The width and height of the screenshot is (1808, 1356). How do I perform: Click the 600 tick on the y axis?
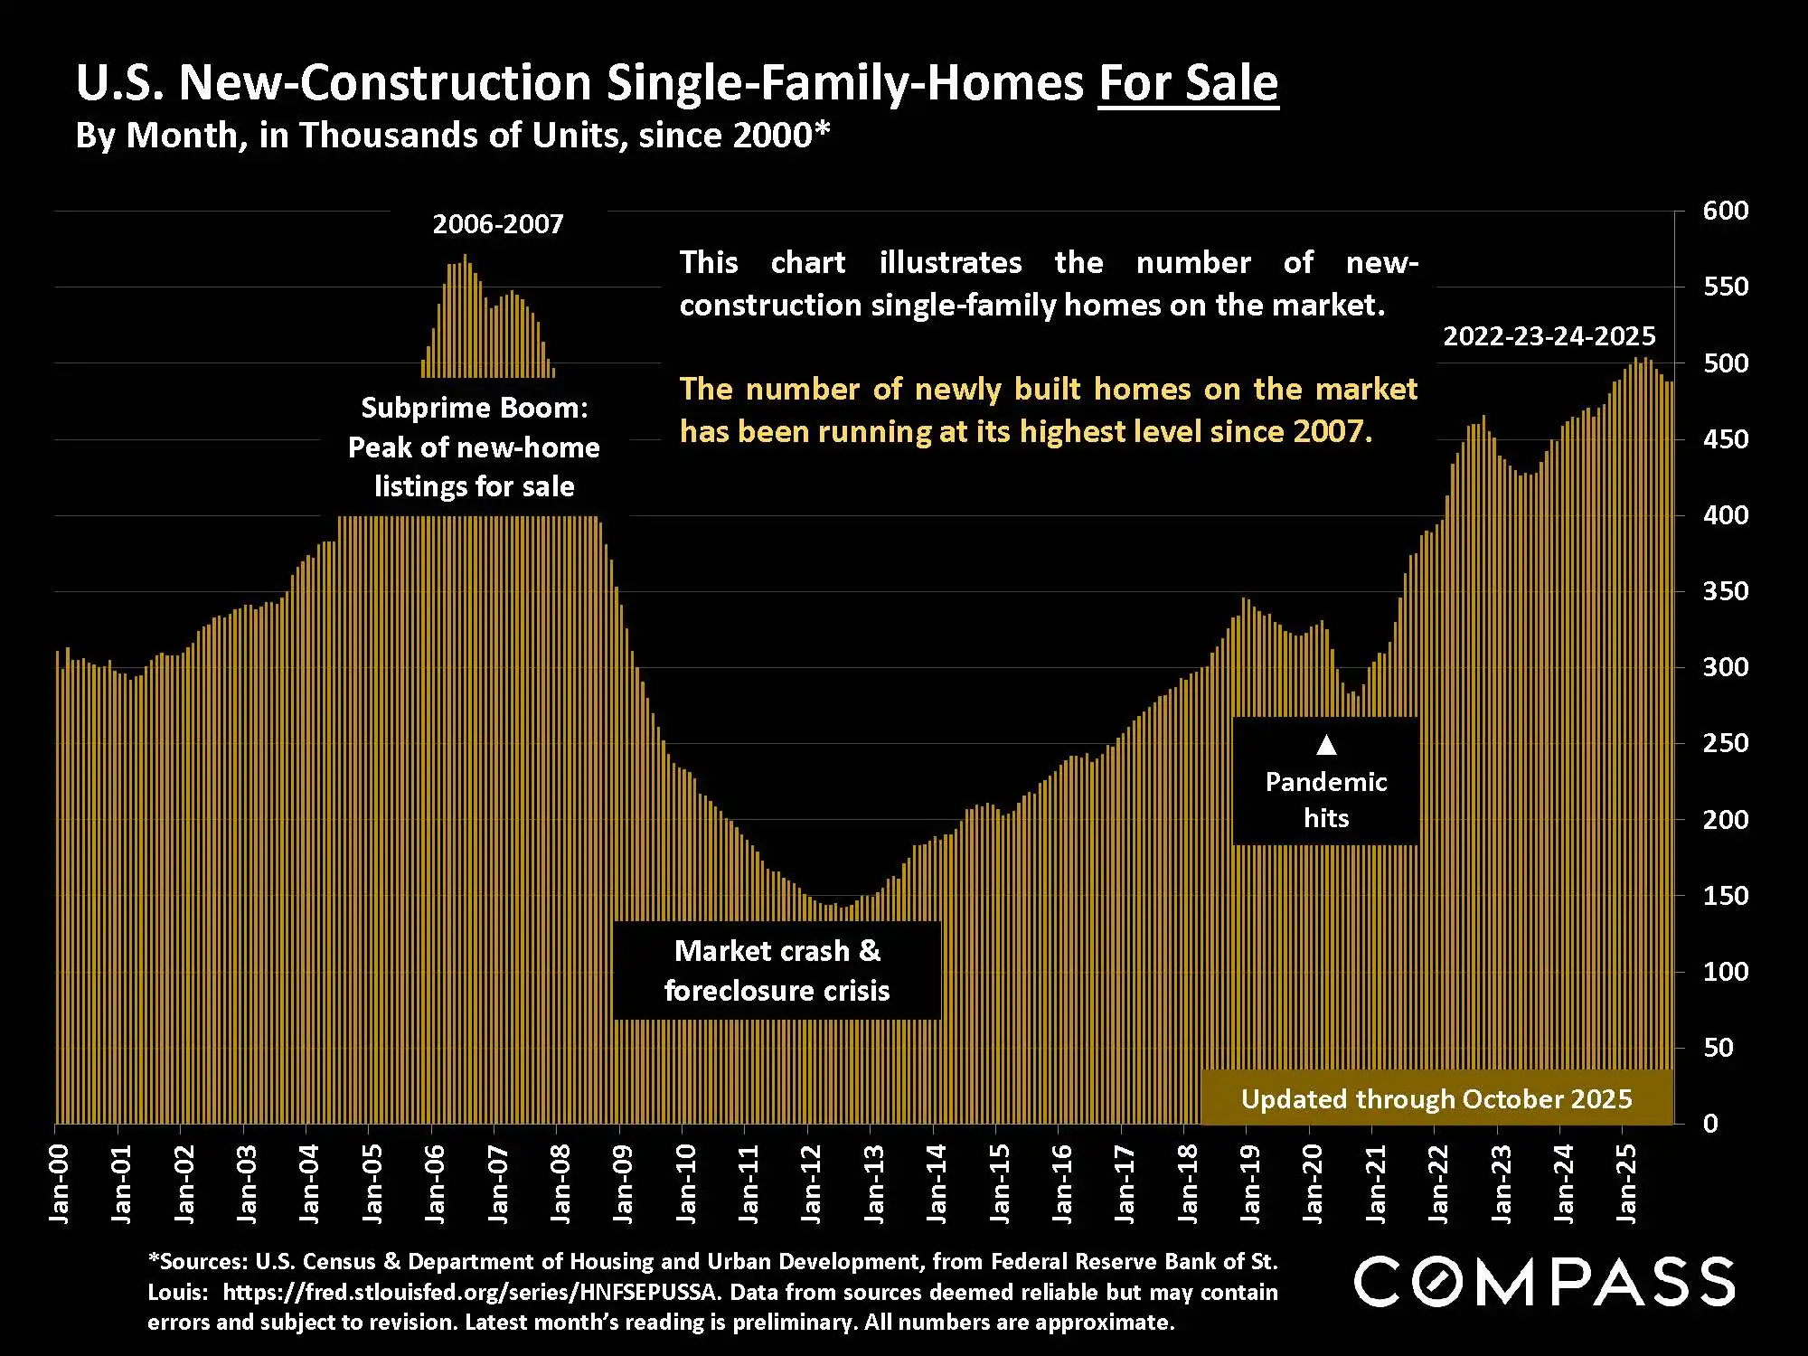pyautogui.click(x=1725, y=211)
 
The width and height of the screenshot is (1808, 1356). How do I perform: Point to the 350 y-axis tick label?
pyautogui.click(x=1725, y=591)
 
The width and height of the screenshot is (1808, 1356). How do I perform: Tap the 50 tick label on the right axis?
pyautogui.click(x=1718, y=1048)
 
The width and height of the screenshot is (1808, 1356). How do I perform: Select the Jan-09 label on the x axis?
pyautogui.click(x=623, y=1184)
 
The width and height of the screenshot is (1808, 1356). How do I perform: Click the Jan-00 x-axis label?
pyautogui.click(x=59, y=1184)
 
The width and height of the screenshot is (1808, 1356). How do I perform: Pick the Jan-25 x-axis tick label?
pyautogui.click(x=1626, y=1184)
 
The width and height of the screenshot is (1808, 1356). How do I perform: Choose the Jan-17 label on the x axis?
pyautogui.click(x=1125, y=1184)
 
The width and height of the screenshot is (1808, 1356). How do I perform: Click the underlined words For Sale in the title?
pyautogui.click(x=1188, y=83)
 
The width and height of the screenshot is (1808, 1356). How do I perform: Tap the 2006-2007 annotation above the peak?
pyautogui.click(x=497, y=224)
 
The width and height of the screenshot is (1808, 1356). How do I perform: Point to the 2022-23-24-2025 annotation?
pyautogui.click(x=1549, y=336)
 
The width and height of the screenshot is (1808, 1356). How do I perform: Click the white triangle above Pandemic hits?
pyautogui.click(x=1326, y=745)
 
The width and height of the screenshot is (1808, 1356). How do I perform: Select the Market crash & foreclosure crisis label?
pyautogui.click(x=777, y=971)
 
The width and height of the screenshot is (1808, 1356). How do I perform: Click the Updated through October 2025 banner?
pyautogui.click(x=1436, y=1099)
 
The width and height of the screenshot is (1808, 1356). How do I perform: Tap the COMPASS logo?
pyautogui.click(x=1544, y=1281)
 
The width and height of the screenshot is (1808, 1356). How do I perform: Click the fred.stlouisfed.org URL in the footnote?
pyautogui.click(x=470, y=1292)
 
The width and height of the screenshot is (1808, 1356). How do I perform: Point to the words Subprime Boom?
pyautogui.click(x=475, y=408)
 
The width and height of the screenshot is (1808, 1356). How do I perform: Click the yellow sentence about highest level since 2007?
pyautogui.click(x=1048, y=410)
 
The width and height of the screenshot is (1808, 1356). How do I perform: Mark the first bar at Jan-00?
pyautogui.click(x=57, y=886)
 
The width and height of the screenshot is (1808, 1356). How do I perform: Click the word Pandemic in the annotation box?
pyautogui.click(x=1326, y=782)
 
